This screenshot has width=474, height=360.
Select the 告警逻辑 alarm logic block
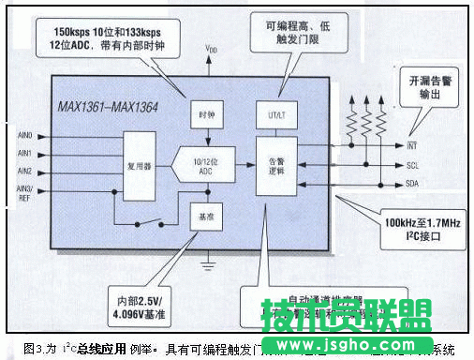[x=276, y=166]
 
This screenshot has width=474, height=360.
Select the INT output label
[x=412, y=146]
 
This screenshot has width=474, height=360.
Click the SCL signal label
[x=412, y=165]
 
